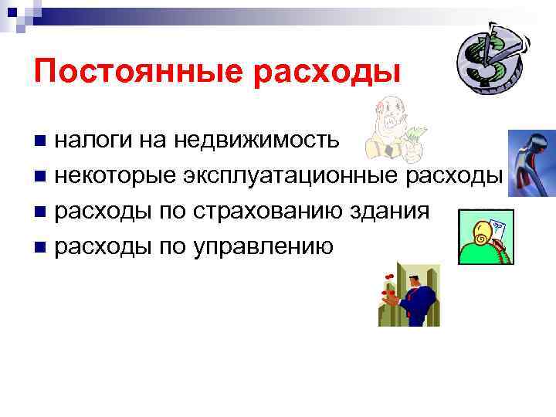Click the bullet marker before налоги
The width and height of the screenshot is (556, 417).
pyautogui.click(x=41, y=141)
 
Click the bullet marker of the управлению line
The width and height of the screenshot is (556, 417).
pyautogui.click(x=41, y=247)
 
